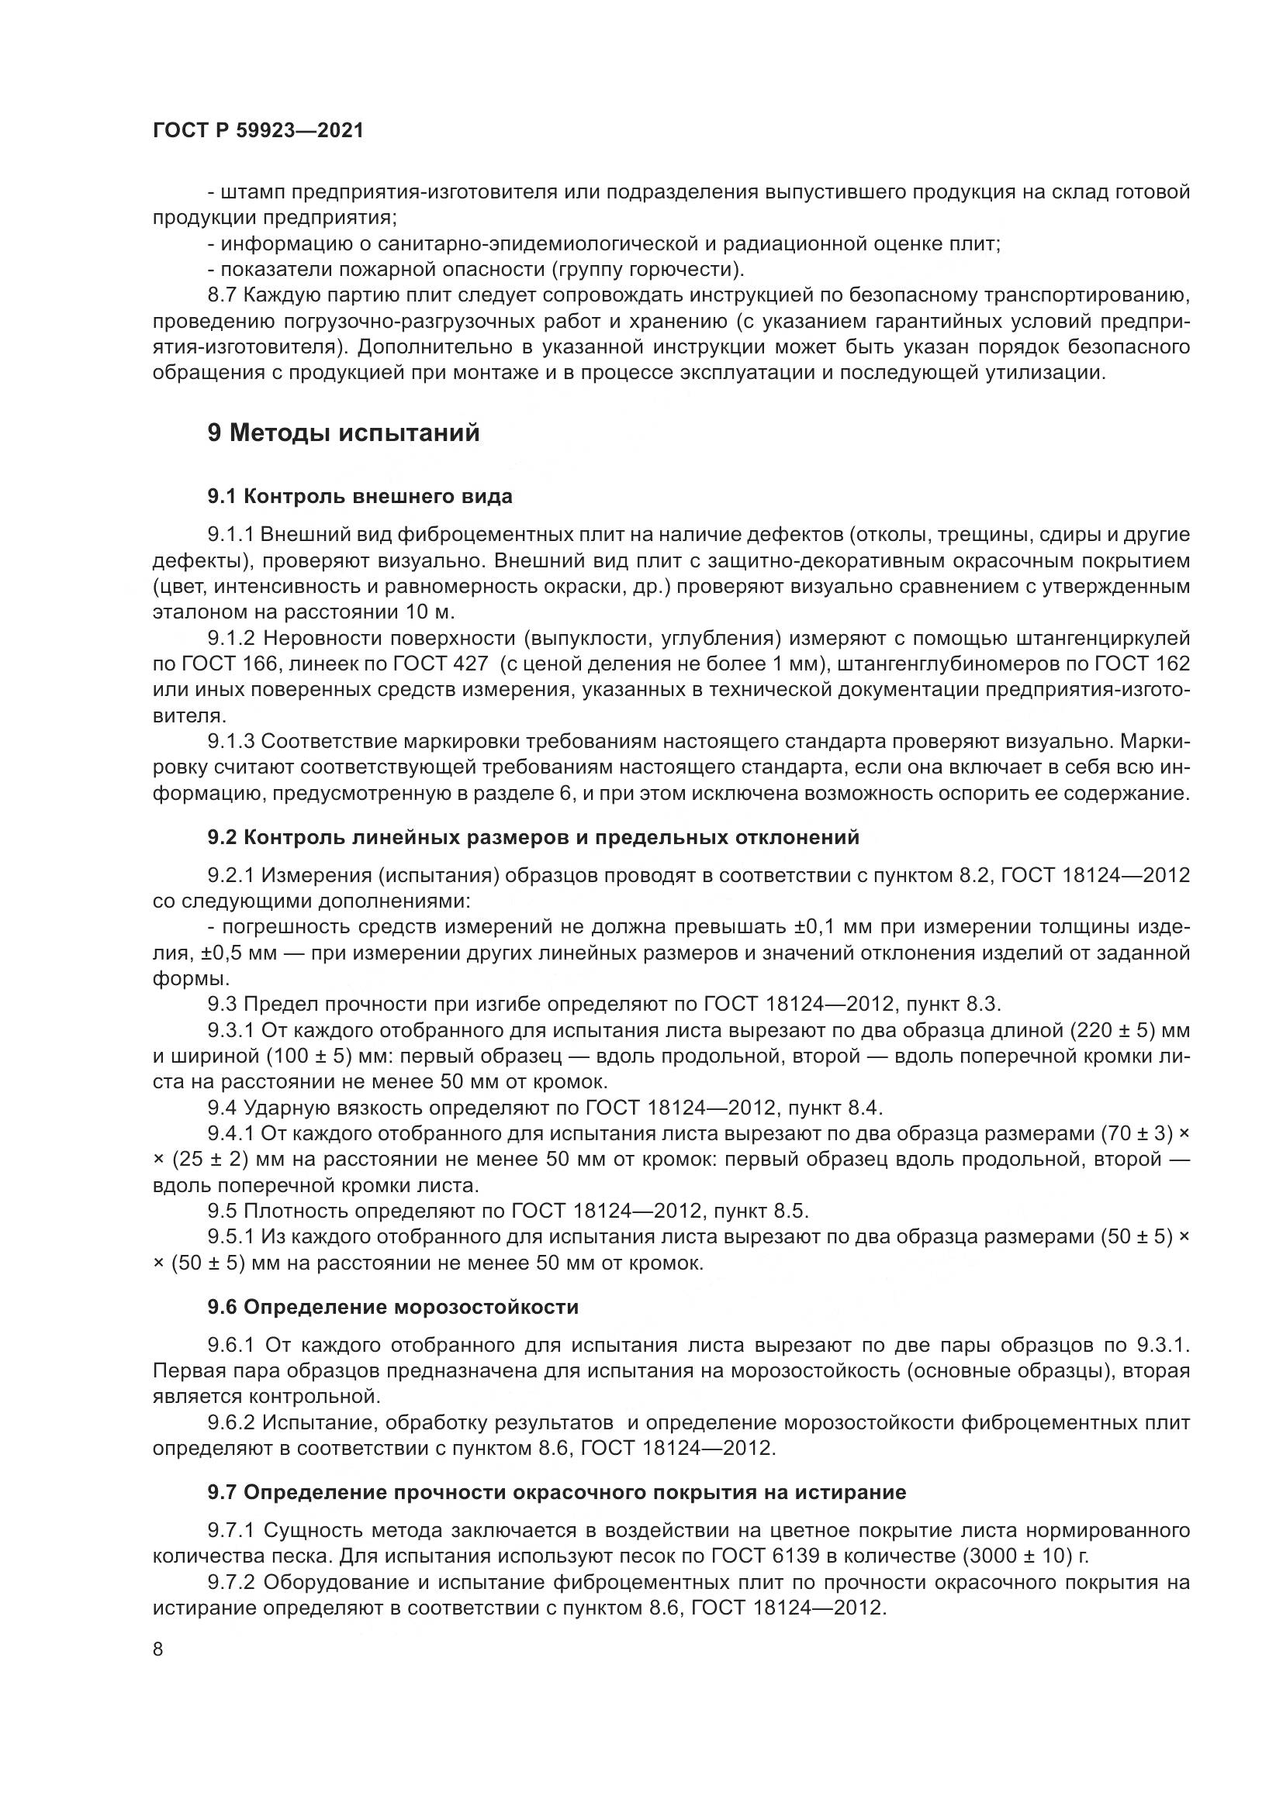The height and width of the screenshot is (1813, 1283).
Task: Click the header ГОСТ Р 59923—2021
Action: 258,131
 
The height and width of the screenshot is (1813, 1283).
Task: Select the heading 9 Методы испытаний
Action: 344,433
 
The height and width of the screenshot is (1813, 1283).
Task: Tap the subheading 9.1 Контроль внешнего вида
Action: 359,497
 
